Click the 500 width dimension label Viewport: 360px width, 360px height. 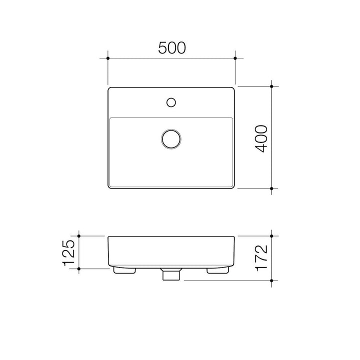(172, 47)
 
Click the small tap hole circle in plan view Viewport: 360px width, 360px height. (171, 102)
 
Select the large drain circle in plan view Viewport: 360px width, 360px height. (171, 138)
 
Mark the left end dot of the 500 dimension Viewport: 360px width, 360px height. (108, 58)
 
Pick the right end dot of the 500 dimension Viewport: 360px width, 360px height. (235, 58)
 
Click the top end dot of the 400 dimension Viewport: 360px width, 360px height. (271, 86)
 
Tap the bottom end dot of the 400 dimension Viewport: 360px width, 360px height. (271, 189)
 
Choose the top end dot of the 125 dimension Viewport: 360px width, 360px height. (79, 235)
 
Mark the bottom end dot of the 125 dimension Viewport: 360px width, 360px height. (79, 268)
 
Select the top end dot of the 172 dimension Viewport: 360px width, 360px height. (271, 235)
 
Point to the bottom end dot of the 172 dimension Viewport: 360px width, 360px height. (271, 281)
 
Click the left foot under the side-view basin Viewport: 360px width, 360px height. (125, 270)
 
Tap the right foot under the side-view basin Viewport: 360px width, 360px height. (217, 270)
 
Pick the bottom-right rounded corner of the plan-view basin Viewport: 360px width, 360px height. (232, 187)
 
